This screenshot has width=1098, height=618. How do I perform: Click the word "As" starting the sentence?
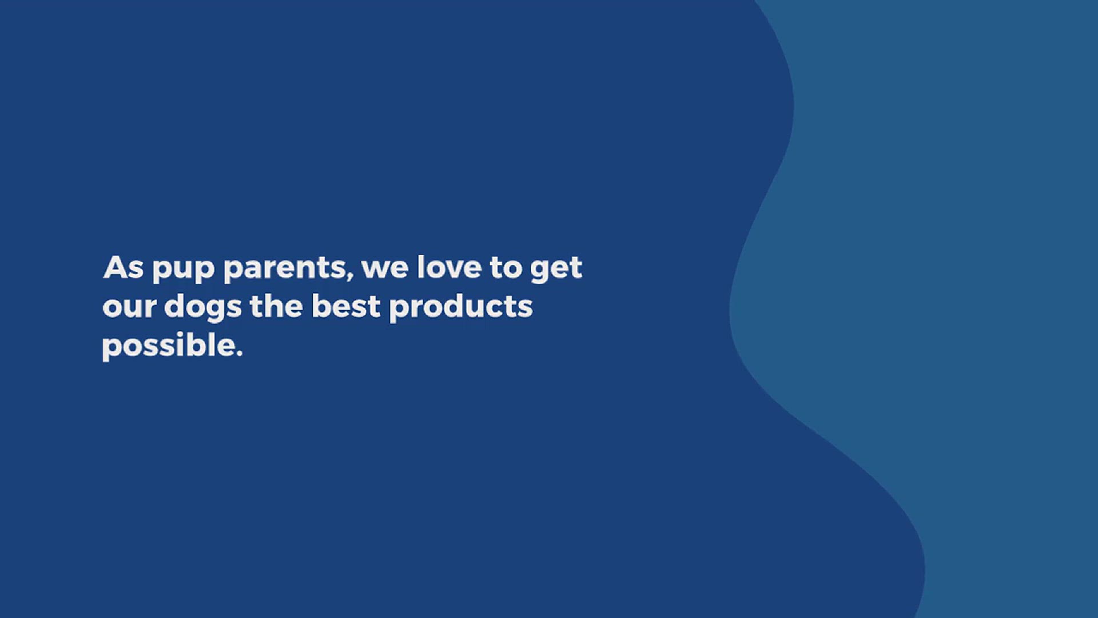pyautogui.click(x=124, y=267)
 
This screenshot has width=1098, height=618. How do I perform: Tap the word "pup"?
pyautogui.click(x=183, y=270)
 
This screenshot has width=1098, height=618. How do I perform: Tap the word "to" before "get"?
pyautogui.click(x=506, y=268)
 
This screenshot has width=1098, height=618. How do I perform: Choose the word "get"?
pyautogui.click(x=556, y=270)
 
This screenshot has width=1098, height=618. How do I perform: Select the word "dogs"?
pyautogui.click(x=203, y=308)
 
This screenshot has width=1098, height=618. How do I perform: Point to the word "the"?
pyautogui.click(x=276, y=306)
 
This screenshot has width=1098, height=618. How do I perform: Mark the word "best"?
pyautogui.click(x=346, y=306)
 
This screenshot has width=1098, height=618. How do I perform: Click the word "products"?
pyautogui.click(x=461, y=308)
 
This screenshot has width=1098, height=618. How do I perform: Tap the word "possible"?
pyautogui.click(x=168, y=346)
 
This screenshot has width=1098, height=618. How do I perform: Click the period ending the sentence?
pyautogui.click(x=238, y=353)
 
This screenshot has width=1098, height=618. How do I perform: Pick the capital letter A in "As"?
pyautogui.click(x=114, y=267)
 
